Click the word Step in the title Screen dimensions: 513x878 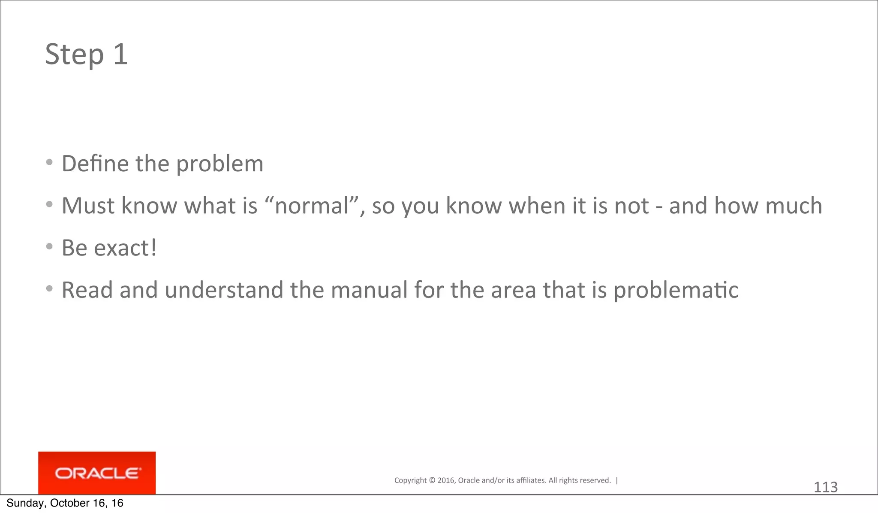coord(74,55)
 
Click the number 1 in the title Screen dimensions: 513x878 coord(120,54)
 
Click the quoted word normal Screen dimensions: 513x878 coord(312,206)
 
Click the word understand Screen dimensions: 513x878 coord(224,290)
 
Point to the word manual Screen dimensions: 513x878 coord(369,290)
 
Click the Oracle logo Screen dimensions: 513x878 coord(97,473)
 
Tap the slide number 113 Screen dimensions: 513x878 coord(825,487)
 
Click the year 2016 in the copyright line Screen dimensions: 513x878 coord(446,480)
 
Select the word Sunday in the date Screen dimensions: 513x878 coord(25,504)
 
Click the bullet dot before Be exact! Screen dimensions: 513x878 coord(50,246)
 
